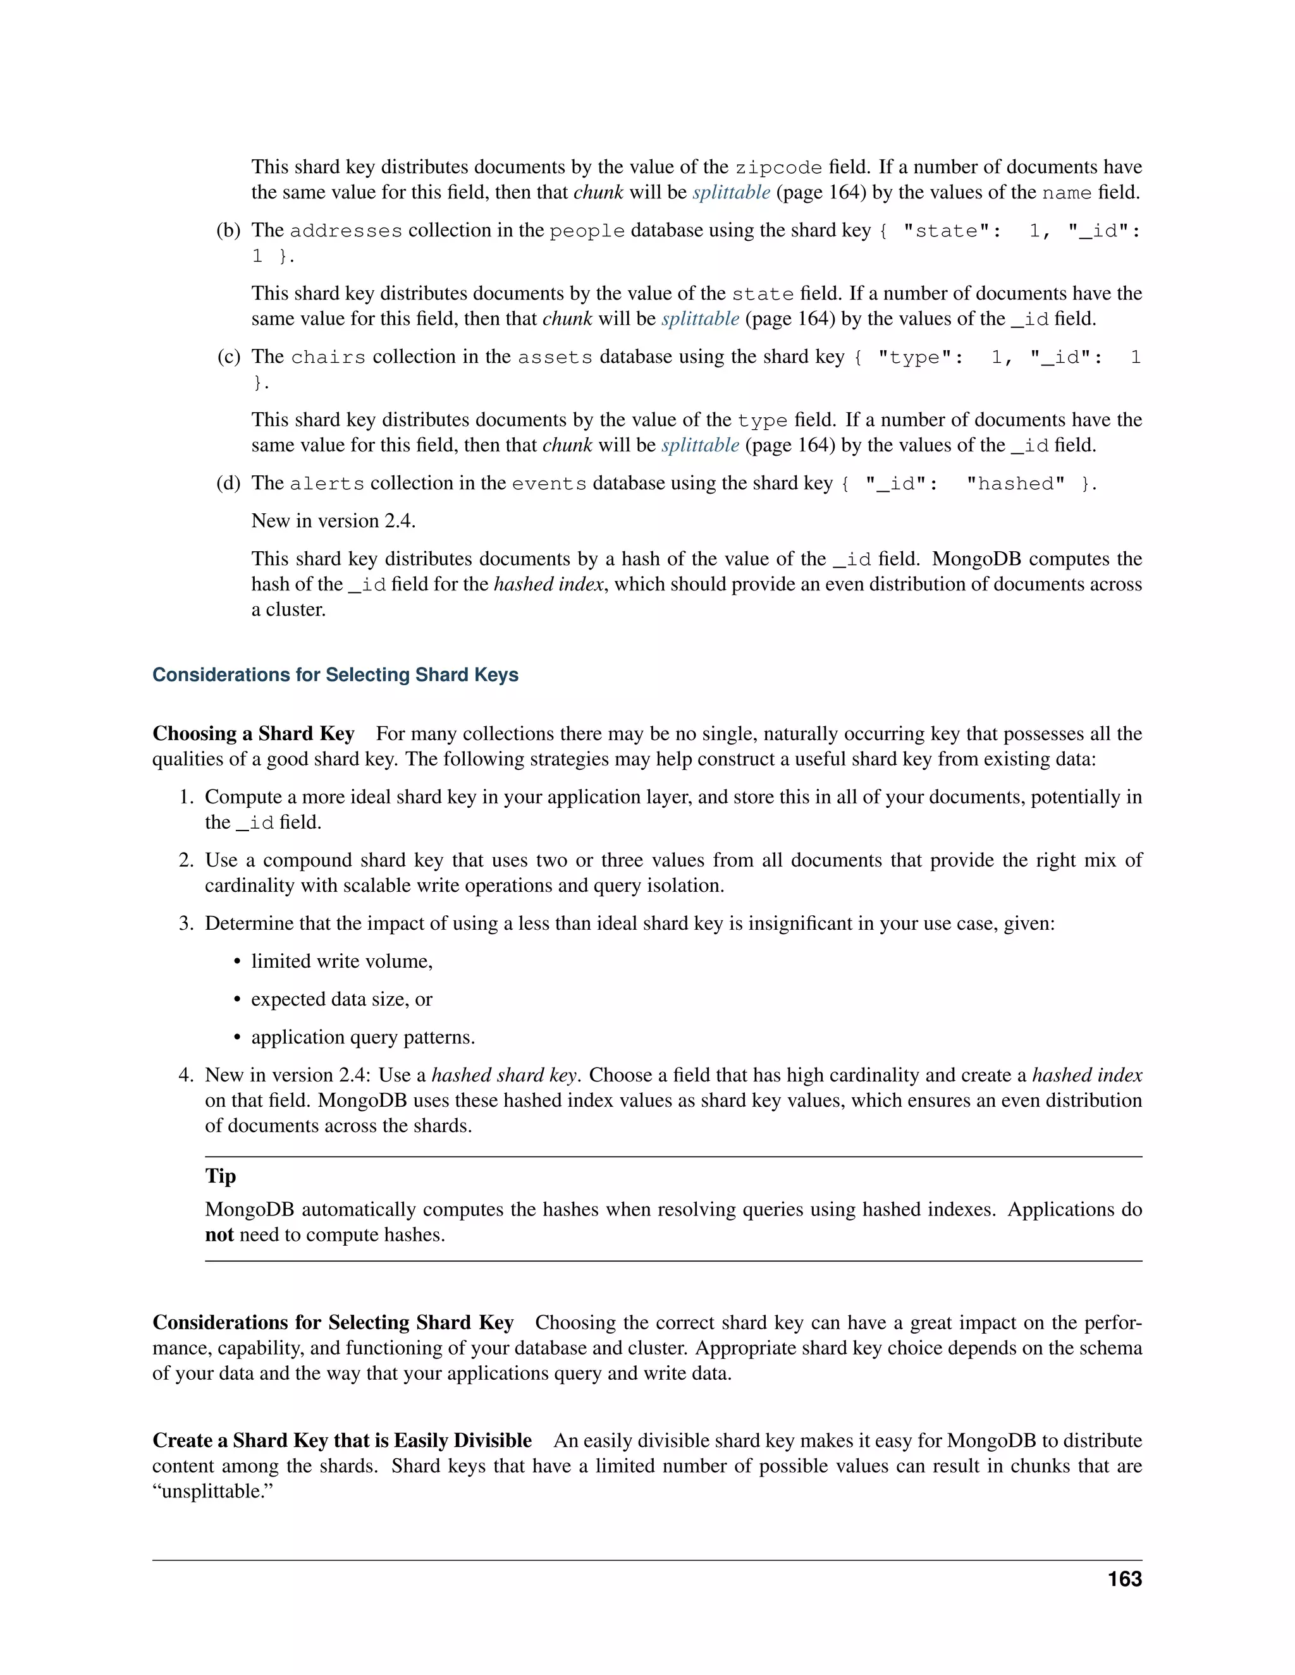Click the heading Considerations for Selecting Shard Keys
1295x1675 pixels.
tap(335, 675)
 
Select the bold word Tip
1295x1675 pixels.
tap(220, 1176)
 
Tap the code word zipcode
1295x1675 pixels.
tap(778, 168)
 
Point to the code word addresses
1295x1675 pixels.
tap(346, 231)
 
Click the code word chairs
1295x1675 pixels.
tap(328, 357)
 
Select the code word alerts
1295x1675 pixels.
tap(327, 484)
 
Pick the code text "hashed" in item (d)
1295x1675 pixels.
tap(1016, 484)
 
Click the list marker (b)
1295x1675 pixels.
tap(229, 230)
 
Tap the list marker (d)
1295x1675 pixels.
tap(229, 483)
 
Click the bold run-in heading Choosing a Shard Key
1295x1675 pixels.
tap(253, 734)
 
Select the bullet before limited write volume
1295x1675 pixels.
tap(238, 962)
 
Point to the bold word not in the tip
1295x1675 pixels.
tap(219, 1235)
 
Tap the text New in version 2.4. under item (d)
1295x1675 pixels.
tap(333, 521)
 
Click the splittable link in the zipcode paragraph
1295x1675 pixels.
tap(730, 193)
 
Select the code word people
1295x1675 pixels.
tap(587, 231)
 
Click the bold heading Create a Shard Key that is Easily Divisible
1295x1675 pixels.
tap(342, 1440)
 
